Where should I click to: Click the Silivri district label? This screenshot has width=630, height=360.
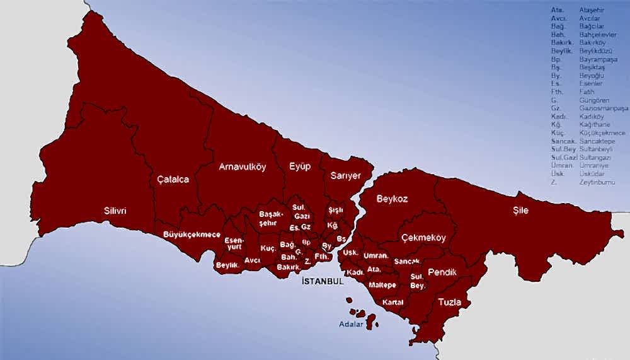[115, 211]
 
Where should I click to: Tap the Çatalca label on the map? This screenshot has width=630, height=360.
[173, 180]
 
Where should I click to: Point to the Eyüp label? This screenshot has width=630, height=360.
[300, 166]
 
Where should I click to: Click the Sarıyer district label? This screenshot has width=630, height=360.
[345, 176]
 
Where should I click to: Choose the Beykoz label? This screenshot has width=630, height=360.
[392, 199]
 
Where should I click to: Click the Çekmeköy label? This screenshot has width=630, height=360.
[423, 238]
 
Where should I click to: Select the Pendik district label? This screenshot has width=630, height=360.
[442, 272]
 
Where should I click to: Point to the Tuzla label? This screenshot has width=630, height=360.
[449, 302]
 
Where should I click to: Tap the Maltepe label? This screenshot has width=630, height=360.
[382, 285]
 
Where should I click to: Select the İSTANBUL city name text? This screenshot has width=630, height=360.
[323, 281]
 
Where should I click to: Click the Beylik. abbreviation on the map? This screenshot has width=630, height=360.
[227, 265]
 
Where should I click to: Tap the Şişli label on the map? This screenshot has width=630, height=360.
[335, 210]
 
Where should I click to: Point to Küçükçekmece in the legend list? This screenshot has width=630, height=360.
[602, 133]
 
